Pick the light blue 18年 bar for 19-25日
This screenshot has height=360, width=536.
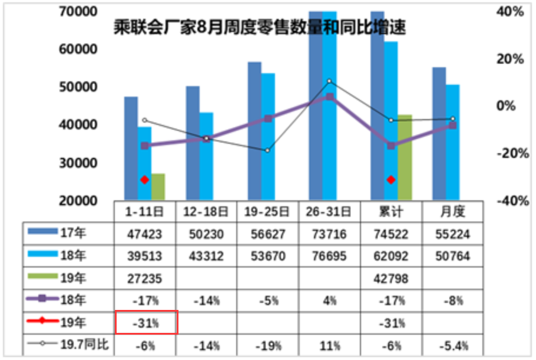pyautogui.click(x=268, y=136)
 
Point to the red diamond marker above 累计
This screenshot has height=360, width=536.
pyautogui.click(x=391, y=180)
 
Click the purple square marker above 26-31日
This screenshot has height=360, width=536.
pyautogui.click(x=330, y=97)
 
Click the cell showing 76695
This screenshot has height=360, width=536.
pyautogui.click(x=329, y=256)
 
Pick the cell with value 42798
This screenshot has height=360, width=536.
pyautogui.click(x=391, y=278)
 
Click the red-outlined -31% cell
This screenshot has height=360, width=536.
pyautogui.click(x=145, y=323)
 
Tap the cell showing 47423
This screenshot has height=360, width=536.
pyautogui.click(x=144, y=234)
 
